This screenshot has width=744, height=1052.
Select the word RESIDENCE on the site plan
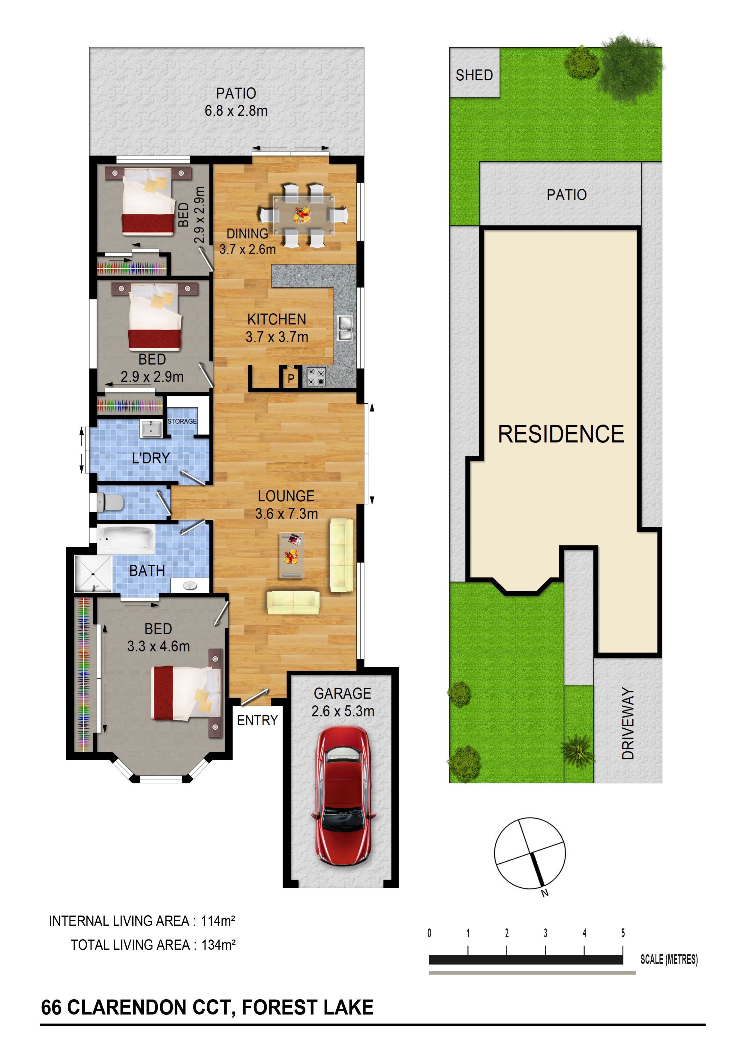click(561, 434)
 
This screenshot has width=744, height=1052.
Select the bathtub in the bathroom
click(126, 539)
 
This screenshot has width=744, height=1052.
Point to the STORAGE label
click(182, 421)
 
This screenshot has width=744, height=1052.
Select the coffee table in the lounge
click(291, 555)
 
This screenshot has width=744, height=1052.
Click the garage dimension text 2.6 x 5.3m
click(343, 711)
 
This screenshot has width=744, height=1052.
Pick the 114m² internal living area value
click(218, 921)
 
